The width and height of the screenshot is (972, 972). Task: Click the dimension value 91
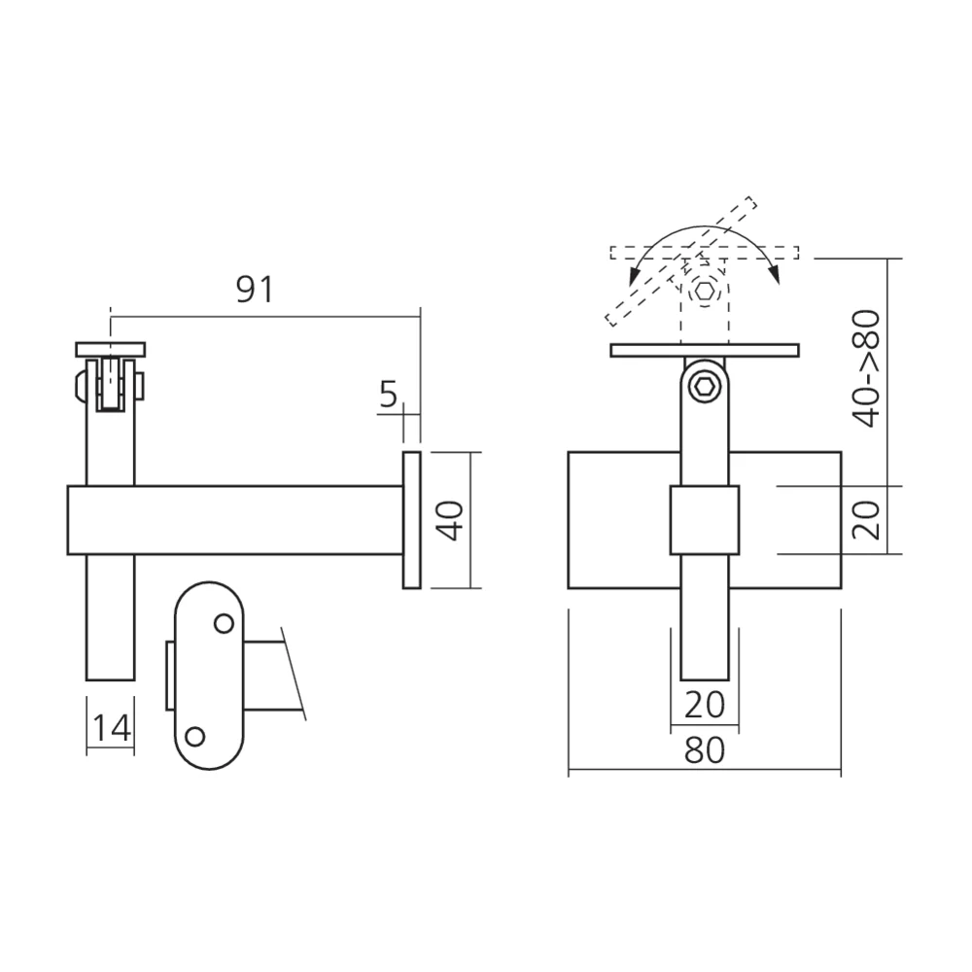tap(255, 290)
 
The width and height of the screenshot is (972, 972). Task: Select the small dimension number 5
tap(388, 394)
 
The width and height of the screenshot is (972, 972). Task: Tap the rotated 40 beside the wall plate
tap(449, 521)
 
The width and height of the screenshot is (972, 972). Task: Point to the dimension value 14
tap(111, 726)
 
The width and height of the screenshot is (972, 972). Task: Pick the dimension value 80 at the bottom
tap(704, 751)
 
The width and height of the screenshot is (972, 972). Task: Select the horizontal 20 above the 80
tap(704, 704)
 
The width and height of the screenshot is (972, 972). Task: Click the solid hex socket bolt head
tap(705, 388)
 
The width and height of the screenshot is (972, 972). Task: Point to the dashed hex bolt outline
tap(705, 291)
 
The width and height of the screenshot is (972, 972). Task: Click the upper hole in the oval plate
tap(224, 623)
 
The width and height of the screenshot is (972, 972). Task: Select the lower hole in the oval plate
tap(196, 736)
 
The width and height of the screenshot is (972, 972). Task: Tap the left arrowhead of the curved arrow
tap(634, 276)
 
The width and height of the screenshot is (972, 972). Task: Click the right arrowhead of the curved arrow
tap(775, 276)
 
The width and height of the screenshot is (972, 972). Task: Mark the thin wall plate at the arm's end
tap(411, 520)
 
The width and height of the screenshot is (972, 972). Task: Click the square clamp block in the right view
tap(705, 520)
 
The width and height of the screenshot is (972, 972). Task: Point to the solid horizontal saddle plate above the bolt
tap(705, 350)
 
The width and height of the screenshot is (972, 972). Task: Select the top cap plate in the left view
tap(111, 349)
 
